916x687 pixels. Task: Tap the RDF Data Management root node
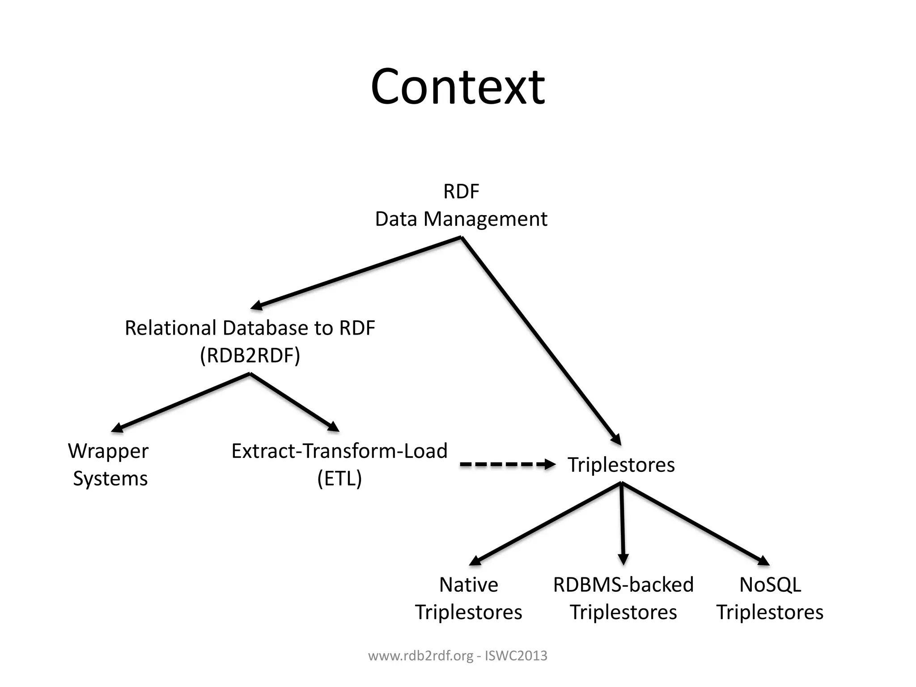[x=461, y=205]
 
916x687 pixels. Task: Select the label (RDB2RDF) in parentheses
[x=250, y=356]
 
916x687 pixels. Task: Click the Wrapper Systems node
[x=109, y=465]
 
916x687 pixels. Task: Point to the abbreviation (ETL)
[x=339, y=479]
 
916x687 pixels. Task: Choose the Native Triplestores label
[x=468, y=598]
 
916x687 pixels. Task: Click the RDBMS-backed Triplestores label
[x=623, y=598]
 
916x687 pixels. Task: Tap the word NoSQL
[x=770, y=585]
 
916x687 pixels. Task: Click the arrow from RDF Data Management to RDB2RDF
[x=356, y=272]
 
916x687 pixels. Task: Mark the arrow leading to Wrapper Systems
[x=181, y=403]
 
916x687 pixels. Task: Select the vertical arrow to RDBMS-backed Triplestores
[x=622, y=523]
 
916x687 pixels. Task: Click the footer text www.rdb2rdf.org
[x=420, y=656]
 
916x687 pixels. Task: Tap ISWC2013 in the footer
[x=516, y=656]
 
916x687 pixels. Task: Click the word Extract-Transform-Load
[x=339, y=451]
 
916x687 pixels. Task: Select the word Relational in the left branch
[x=170, y=328]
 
